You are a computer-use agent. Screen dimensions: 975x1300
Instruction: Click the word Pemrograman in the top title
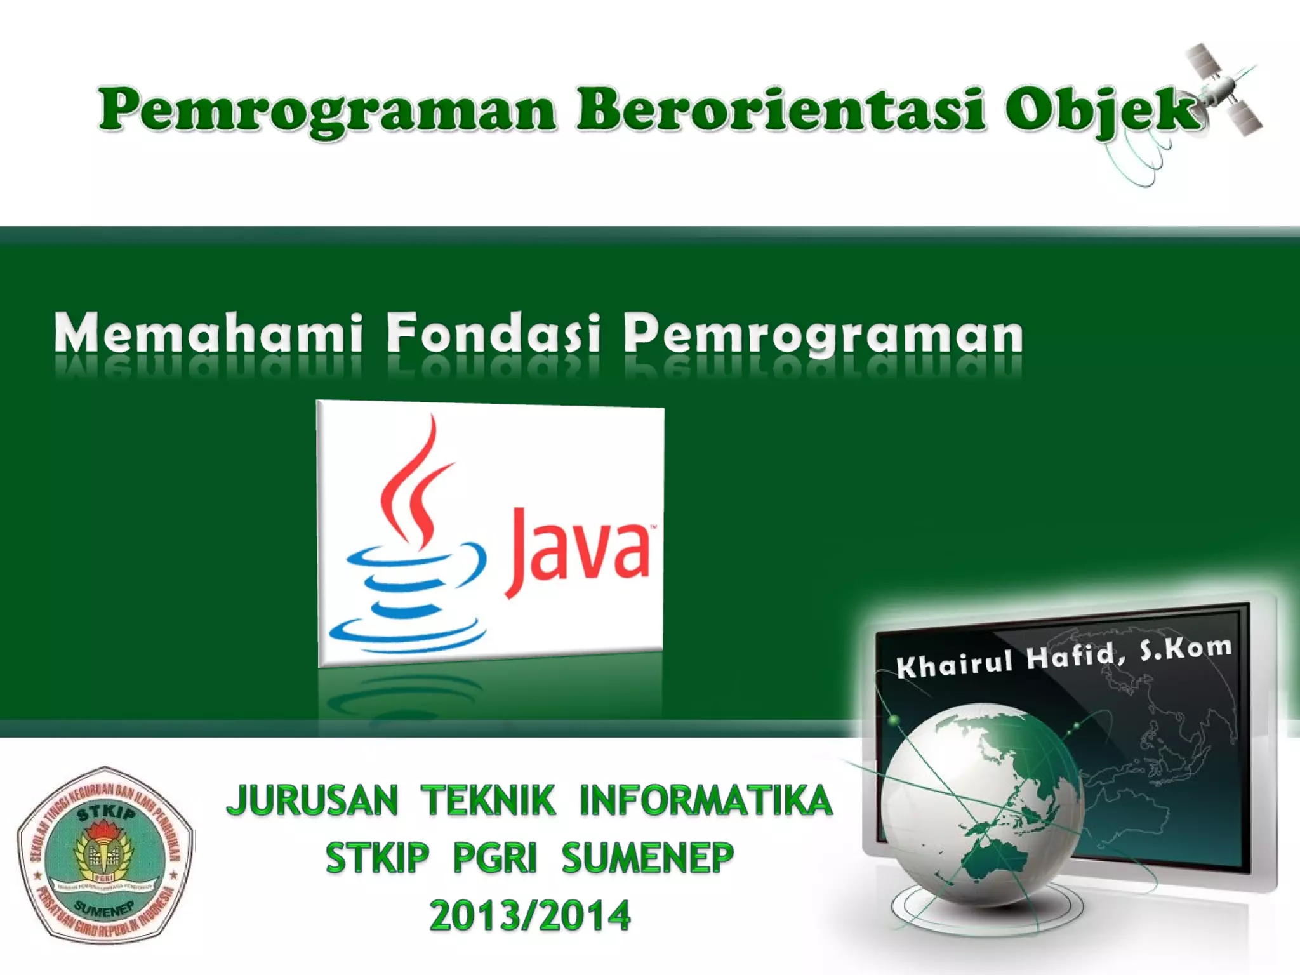point(327,110)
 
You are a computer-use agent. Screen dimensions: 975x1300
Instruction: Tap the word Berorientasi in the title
point(781,110)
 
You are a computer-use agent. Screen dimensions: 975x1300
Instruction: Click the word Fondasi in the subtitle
point(493,333)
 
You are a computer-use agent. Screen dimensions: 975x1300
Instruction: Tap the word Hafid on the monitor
point(1073,656)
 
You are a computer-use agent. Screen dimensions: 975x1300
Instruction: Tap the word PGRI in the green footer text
point(495,858)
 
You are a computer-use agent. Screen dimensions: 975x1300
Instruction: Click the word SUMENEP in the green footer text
point(647,858)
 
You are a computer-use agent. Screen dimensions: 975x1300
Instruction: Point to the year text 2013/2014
point(530,915)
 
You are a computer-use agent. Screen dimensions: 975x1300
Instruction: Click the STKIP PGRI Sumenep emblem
point(105,854)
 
